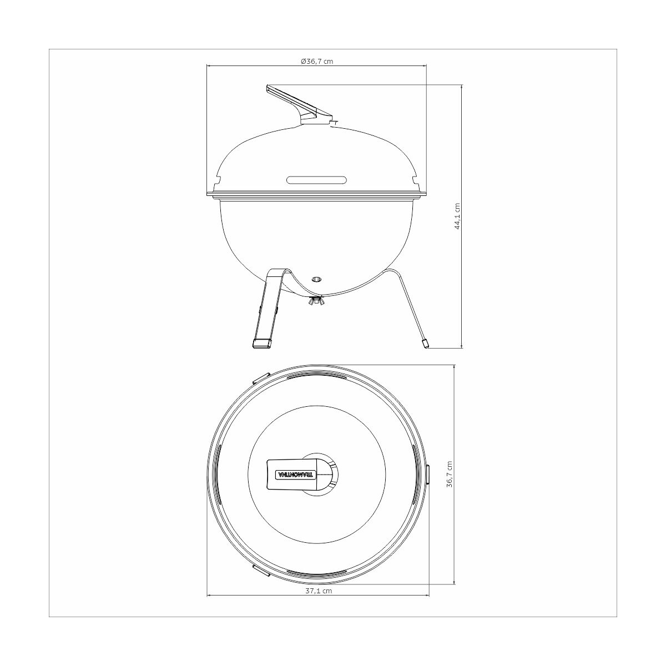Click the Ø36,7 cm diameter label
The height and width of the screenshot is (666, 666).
[x=317, y=61]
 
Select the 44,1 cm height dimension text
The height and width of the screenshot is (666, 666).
[x=457, y=216]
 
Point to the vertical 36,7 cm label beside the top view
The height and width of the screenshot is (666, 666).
[x=450, y=474]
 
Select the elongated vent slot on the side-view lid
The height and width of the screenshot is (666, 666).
[x=317, y=180]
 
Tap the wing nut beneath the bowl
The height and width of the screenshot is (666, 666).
[x=317, y=301]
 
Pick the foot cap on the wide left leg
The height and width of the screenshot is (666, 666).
[x=261, y=344]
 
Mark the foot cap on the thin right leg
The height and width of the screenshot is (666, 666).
[x=426, y=344]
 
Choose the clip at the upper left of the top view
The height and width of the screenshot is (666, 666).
[x=261, y=379]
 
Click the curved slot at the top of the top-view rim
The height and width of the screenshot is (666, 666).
[x=317, y=376]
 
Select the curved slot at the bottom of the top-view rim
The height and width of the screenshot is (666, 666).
[x=317, y=573]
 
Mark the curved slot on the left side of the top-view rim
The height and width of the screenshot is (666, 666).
[x=219, y=475]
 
